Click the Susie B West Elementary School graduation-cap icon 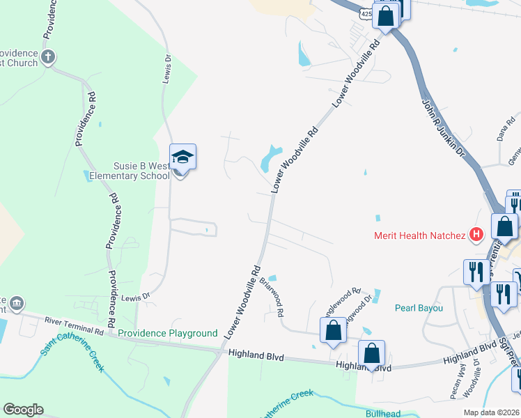click(x=183, y=157)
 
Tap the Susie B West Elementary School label click(x=130, y=171)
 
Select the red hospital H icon click(x=477, y=235)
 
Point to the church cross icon click(x=48, y=57)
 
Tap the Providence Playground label click(x=168, y=334)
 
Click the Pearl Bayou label click(x=419, y=307)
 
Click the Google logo click(x=23, y=409)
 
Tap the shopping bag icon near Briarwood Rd click(x=333, y=332)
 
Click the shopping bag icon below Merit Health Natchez click(x=504, y=226)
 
